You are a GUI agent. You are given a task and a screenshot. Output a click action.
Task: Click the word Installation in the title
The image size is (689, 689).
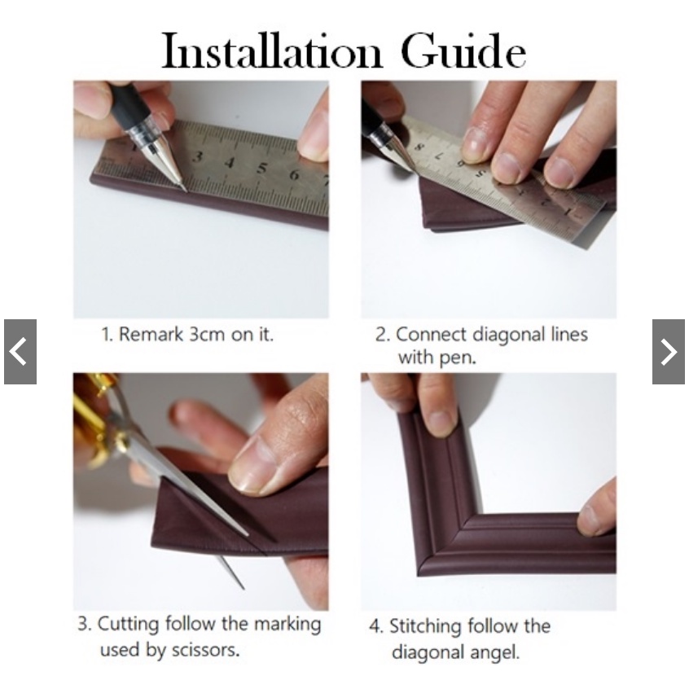click(272, 50)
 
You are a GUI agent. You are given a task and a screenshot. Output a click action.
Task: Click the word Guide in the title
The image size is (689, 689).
click(463, 50)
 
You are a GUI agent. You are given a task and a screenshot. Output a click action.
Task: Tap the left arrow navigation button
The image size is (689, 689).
click(20, 352)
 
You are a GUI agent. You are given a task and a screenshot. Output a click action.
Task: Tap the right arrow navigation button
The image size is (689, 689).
click(669, 352)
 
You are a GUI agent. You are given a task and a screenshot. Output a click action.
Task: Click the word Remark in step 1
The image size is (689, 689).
click(151, 335)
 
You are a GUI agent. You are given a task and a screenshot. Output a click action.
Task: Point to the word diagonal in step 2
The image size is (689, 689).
click(509, 335)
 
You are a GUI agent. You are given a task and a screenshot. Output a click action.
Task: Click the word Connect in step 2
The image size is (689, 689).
click(431, 335)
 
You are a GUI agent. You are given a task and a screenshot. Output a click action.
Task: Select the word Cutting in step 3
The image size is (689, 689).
click(128, 625)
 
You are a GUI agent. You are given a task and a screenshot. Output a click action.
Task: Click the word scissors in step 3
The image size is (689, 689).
click(205, 650)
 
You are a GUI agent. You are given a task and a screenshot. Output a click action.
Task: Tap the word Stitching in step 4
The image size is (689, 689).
click(425, 626)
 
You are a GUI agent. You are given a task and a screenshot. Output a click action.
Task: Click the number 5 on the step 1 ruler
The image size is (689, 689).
click(262, 168)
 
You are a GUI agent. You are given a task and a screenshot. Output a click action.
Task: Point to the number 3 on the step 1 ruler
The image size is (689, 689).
click(199, 157)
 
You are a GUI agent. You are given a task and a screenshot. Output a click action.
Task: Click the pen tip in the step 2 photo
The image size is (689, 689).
click(411, 168)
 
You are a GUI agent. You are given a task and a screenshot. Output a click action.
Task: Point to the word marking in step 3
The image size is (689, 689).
click(288, 625)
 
